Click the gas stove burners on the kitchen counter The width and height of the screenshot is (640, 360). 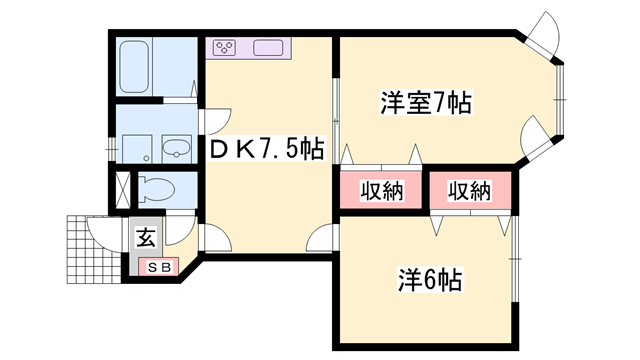(x=223, y=47)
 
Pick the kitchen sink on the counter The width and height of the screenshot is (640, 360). (x=269, y=47)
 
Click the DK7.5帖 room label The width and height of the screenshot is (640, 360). (x=265, y=150)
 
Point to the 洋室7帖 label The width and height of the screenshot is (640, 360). (x=425, y=102)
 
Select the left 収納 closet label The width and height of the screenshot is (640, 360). (x=381, y=190)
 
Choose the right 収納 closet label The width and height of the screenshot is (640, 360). (x=468, y=190)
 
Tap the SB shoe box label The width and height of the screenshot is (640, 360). (x=160, y=267)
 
